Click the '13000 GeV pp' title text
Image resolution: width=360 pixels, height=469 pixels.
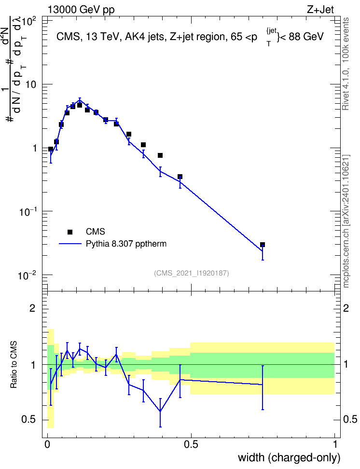(x=81, y=10)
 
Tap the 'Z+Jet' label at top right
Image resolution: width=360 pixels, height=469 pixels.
(x=320, y=10)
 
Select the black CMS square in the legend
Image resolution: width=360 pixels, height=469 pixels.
(x=70, y=232)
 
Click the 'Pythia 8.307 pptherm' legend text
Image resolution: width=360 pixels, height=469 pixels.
(x=126, y=244)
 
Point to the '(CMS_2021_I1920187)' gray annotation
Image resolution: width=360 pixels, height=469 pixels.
(x=192, y=273)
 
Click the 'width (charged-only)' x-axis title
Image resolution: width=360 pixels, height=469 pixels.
(x=289, y=457)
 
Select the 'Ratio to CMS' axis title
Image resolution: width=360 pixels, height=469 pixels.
(x=14, y=365)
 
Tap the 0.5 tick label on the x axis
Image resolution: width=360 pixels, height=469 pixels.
(x=191, y=444)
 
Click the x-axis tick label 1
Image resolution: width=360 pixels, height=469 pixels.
(x=335, y=444)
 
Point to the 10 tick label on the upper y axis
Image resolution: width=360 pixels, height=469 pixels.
(x=30, y=84)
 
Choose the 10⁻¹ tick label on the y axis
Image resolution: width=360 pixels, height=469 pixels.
(x=27, y=211)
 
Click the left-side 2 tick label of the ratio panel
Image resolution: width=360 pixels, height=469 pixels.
(x=32, y=308)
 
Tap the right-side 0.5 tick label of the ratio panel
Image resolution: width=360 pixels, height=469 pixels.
(x=350, y=419)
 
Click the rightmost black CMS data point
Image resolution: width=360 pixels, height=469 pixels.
(x=263, y=245)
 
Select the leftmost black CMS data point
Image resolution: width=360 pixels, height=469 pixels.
(x=51, y=149)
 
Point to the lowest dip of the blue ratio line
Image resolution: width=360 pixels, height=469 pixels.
(x=160, y=411)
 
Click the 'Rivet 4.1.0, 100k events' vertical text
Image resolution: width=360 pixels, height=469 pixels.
(x=346, y=64)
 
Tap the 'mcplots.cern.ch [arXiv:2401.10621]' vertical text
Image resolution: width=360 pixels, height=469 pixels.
(x=346, y=221)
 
